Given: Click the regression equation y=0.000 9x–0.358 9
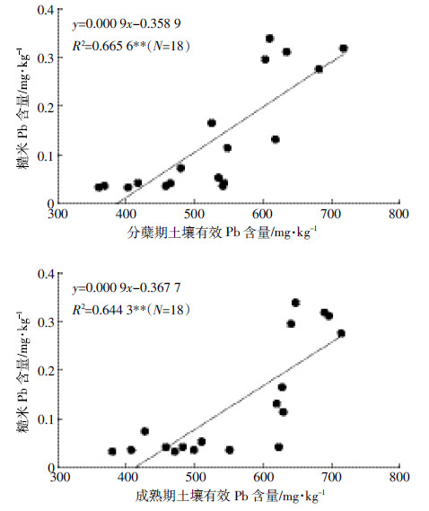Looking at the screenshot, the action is point(127,23).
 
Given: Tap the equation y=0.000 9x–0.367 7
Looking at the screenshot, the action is point(127,287).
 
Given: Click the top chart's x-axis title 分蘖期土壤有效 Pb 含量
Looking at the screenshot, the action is point(198,233).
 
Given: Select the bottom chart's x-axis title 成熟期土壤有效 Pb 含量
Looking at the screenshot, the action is point(207,497).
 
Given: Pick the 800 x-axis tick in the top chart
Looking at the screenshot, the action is point(398,214).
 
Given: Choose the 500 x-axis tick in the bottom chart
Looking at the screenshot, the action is point(196,478).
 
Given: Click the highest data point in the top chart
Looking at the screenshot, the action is point(269,39).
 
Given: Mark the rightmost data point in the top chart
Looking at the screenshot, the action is point(344,48).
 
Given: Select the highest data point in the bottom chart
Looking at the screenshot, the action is point(295,303).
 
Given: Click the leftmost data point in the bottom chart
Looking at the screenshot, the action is point(112,452).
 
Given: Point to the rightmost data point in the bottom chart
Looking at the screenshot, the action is point(341,333).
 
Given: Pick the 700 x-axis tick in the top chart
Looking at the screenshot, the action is point(331,214).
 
